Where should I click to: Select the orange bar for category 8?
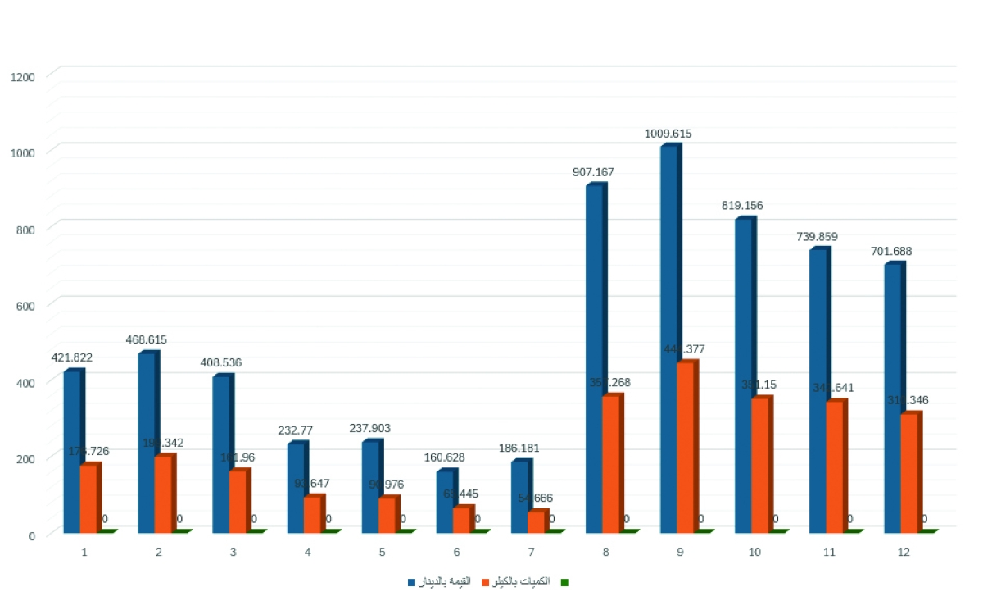point(611,463)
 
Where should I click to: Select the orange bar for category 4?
point(312,514)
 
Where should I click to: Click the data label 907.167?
point(593,172)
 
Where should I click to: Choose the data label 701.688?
point(891,251)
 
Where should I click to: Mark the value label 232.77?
point(295,430)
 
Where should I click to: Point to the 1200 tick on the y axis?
point(23,76)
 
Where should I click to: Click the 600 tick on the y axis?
point(26,306)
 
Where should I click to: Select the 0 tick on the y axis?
point(32,535)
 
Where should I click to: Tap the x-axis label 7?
point(531,553)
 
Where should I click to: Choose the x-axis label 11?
point(829,553)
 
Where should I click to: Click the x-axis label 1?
point(84,553)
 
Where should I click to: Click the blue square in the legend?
point(411,582)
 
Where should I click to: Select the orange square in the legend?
point(486,582)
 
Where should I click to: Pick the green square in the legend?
point(564,582)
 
